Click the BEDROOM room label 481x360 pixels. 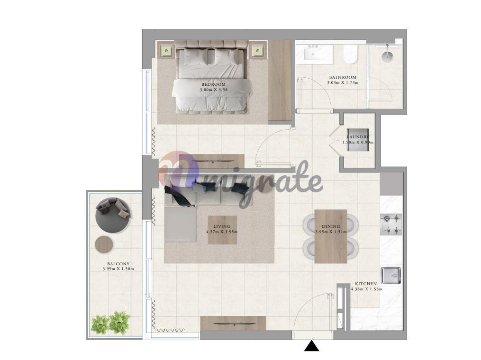(214, 84)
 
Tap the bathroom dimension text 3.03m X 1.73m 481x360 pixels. (343, 82)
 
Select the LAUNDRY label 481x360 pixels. (358, 137)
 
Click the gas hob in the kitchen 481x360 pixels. (391, 224)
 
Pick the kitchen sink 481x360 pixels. (391, 275)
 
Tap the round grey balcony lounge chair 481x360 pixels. (113, 215)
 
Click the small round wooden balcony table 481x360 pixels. (104, 244)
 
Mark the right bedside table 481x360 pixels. (258, 50)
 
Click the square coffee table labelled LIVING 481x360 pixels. (222, 230)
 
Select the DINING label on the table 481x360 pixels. (331, 226)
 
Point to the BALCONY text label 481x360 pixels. (118, 264)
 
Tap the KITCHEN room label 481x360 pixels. (366, 284)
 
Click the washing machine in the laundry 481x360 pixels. (358, 140)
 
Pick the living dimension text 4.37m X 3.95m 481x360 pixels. (222, 232)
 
